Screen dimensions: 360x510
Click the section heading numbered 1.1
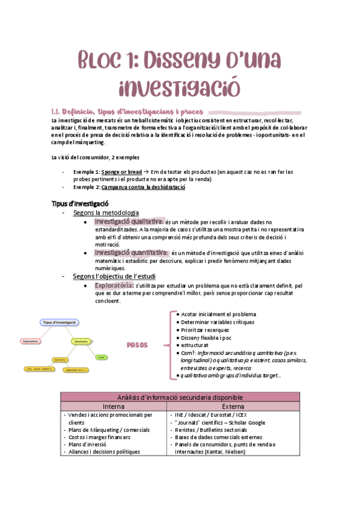pos(127,111)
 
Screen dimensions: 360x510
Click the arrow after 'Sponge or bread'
pos(147,171)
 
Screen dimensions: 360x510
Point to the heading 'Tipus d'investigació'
pos(80,203)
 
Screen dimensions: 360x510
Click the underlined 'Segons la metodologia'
pos(106,213)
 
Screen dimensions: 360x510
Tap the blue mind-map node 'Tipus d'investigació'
pos(59,322)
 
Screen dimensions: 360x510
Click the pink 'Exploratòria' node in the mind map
pos(31,341)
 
